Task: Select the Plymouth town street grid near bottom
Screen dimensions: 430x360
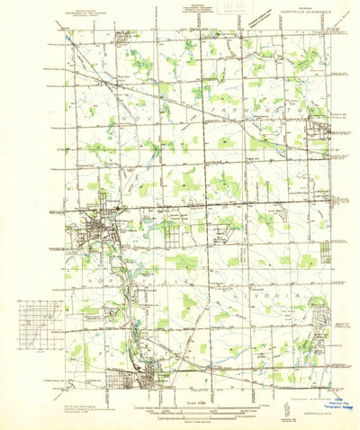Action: click(x=135, y=378)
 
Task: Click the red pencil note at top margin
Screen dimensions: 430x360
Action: click(x=214, y=7)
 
